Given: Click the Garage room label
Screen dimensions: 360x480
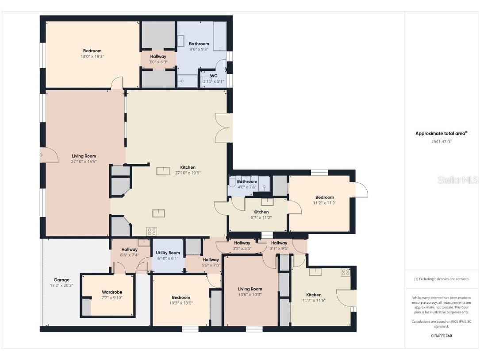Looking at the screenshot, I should point(61,280).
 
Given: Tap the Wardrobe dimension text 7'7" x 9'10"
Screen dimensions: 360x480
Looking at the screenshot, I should point(111,298).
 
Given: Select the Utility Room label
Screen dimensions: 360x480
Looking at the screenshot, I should point(168,253).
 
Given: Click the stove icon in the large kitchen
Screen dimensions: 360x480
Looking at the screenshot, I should point(152,231).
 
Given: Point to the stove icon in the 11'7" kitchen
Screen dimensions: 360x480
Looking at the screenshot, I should point(346,272).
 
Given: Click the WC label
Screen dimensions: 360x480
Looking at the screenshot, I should point(214,76).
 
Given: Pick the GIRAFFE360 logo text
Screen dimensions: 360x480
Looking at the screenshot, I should point(441,336).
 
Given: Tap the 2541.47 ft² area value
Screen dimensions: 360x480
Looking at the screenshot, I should point(441,141).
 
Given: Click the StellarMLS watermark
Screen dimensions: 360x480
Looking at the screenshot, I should point(458,180).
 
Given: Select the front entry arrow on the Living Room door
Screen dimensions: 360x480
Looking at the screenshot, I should point(41,155).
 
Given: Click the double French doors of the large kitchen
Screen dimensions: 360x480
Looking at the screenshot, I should point(223,128).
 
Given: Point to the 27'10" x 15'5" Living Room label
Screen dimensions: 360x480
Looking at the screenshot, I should point(84,159).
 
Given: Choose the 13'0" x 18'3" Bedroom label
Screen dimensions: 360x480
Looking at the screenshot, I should point(92,54).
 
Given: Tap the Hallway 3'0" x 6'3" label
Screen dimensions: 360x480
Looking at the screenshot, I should point(158,59).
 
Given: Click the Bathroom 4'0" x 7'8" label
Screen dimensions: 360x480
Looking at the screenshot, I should point(246,184).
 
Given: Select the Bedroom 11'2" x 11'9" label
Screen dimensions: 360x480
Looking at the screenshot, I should point(324,200).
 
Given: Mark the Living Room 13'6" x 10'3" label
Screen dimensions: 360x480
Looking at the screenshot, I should point(250,291).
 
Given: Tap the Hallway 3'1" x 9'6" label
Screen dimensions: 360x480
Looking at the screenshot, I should point(279,245).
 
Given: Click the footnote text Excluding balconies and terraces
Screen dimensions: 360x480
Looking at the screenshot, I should point(441,279).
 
